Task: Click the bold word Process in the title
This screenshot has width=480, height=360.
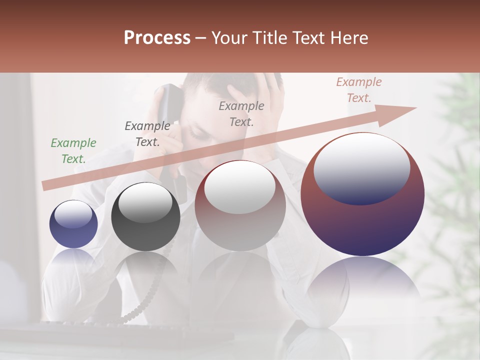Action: (157, 38)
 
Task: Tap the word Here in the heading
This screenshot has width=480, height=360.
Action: (349, 38)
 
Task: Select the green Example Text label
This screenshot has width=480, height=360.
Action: (73, 151)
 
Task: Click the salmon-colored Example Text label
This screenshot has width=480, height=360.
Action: (358, 90)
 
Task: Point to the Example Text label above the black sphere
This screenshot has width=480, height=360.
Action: (147, 134)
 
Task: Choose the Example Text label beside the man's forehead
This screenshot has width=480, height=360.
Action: (241, 113)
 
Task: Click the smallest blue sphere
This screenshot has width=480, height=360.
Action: (73, 224)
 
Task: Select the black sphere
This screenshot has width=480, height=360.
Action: (145, 217)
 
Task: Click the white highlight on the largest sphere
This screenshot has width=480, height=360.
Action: (361, 167)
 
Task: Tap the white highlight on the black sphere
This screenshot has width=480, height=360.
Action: (145, 202)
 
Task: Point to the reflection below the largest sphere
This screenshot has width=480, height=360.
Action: (362, 285)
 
